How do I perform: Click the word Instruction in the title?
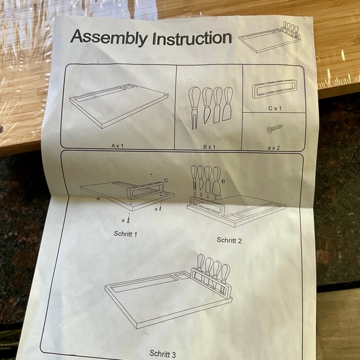[192, 38]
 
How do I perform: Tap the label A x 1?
[117, 145]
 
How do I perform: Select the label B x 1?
[209, 146]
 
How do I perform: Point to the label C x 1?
[275, 108]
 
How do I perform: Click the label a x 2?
[274, 148]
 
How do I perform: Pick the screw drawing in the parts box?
[274, 129]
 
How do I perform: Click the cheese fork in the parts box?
[194, 107]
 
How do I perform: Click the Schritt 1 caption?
[125, 234]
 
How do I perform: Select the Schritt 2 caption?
[229, 240]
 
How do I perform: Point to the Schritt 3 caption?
[163, 354]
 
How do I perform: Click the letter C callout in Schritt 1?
[166, 181]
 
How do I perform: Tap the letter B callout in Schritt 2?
[223, 181]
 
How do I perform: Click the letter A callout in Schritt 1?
[98, 199]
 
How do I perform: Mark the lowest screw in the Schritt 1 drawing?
[129, 220]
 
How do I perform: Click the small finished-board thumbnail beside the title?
[269, 37]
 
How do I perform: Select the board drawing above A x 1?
[119, 105]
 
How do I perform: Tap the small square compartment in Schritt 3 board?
[182, 276]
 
